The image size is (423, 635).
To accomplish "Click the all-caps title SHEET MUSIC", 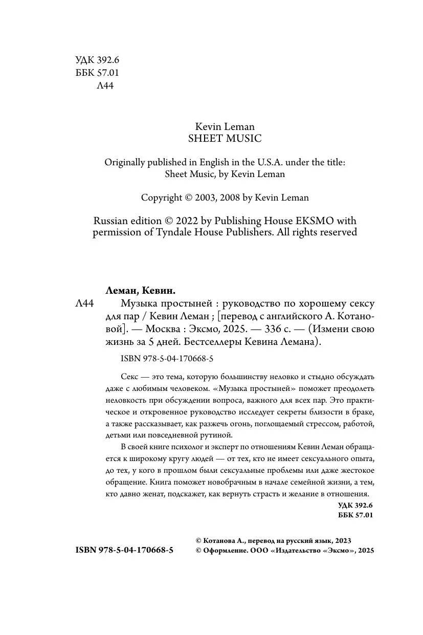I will [225, 138].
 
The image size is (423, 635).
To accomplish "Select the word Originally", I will [126, 162].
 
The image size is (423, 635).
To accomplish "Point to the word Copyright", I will [162, 197].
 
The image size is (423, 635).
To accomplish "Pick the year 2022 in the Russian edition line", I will [188, 221].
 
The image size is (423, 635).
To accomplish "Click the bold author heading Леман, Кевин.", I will [140, 291].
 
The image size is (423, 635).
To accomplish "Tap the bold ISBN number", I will [124, 550].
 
